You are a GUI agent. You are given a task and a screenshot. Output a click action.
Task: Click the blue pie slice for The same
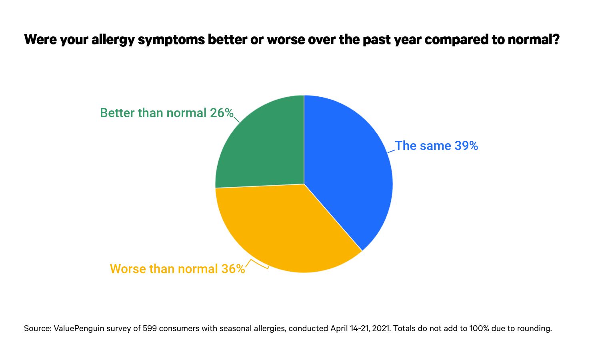348,168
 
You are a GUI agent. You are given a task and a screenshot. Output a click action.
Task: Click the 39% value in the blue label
466,146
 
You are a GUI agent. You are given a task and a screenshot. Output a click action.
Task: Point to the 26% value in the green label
222,113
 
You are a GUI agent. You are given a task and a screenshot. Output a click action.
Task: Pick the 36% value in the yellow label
233,269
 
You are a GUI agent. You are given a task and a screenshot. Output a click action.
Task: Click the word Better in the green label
117,113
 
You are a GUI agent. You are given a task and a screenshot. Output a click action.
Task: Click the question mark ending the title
556,40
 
